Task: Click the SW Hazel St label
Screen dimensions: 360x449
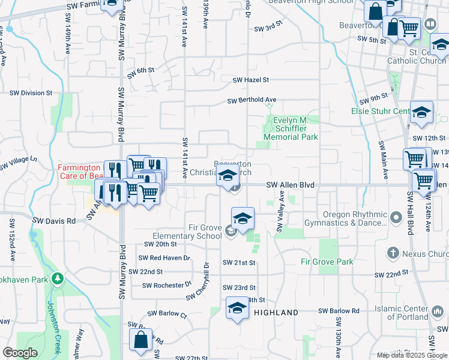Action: pyautogui.click(x=250, y=80)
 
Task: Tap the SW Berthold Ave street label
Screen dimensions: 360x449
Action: pyautogui.click(x=252, y=100)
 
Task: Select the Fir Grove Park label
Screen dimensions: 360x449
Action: pyautogui.click(x=327, y=262)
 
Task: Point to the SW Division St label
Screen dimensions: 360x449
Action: pyautogui.click(x=31, y=93)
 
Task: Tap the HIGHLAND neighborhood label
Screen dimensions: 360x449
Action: pyautogui.click(x=276, y=313)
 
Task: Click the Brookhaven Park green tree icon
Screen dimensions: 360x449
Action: pyautogui.click(x=57, y=279)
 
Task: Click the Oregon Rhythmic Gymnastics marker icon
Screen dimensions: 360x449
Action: pyautogui.click(x=396, y=216)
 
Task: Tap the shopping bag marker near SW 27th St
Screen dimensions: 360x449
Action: pyautogui.click(x=140, y=340)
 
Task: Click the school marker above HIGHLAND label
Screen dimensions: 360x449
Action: pyautogui.click(x=237, y=308)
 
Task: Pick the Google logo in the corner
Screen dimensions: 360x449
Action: pyautogui.click(x=20, y=352)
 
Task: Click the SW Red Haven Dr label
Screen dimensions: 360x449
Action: pyautogui.click(x=163, y=258)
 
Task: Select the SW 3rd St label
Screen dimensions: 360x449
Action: pyautogui.click(x=268, y=28)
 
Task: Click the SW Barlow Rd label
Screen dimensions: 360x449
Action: pyautogui.click(x=339, y=311)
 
